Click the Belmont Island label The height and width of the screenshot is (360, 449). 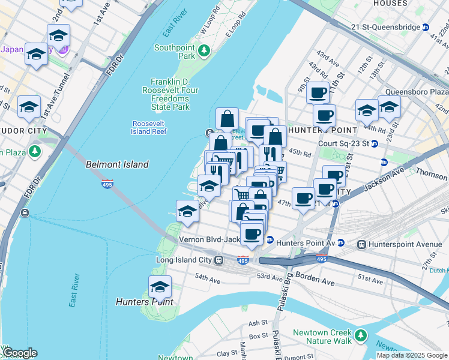pyautogui.click(x=117, y=164)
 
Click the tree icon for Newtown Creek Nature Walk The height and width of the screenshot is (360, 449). pyautogui.click(x=361, y=334)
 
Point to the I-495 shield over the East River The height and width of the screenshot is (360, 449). pyautogui.click(x=107, y=184)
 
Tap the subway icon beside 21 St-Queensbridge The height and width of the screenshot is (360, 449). pyautogui.click(x=426, y=27)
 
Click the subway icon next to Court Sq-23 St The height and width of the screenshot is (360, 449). pyautogui.click(x=375, y=143)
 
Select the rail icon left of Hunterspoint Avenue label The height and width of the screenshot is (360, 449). pyautogui.click(x=362, y=244)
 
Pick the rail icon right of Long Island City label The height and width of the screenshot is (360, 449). pyautogui.click(x=220, y=260)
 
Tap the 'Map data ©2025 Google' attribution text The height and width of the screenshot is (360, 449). pyautogui.click(x=411, y=355)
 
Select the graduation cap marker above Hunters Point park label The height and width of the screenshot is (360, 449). pyautogui.click(x=160, y=287)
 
